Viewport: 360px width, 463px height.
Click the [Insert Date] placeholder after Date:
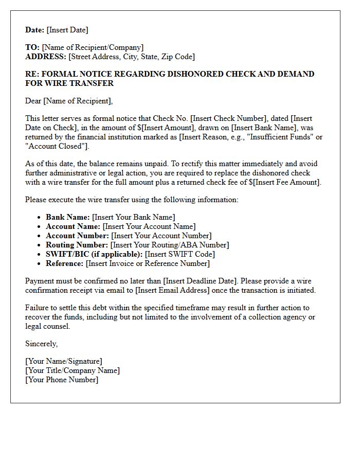pos(67,30)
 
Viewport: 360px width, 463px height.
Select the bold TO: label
pos(32,47)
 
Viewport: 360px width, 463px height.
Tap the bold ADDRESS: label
pos(46,57)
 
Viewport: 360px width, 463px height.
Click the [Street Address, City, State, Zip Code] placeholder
pos(132,57)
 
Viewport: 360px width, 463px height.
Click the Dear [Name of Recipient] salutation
pos(69,101)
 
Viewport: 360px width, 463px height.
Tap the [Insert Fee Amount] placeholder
pos(287,182)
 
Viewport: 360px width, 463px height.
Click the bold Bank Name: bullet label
pos(68,217)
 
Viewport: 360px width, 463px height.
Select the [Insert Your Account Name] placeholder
pos(149,226)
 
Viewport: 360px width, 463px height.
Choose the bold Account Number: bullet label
pos(77,236)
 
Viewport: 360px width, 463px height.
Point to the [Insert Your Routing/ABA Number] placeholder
pos(170,245)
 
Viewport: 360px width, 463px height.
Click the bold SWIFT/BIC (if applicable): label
pos(94,254)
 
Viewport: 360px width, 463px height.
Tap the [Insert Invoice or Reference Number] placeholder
pos(148,263)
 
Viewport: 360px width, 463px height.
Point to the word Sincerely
pos(41,344)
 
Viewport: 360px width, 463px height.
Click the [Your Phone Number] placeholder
pos(62,380)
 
